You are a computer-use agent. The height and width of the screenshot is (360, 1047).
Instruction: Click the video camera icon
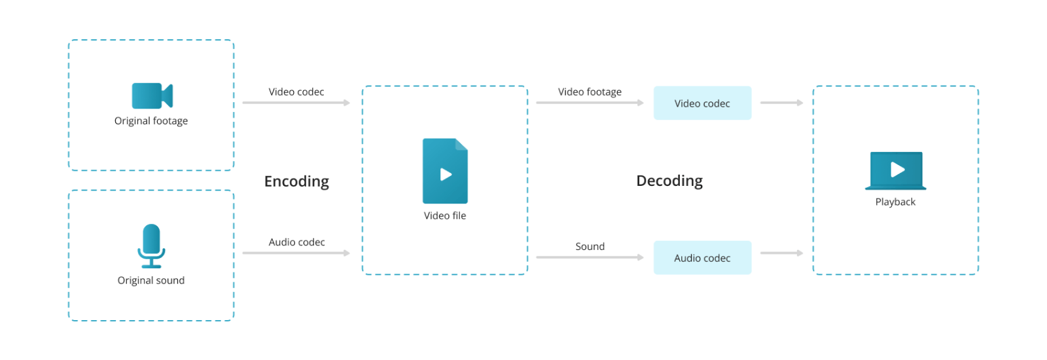[152, 96]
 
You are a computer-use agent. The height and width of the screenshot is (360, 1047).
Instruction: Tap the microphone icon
[151, 245]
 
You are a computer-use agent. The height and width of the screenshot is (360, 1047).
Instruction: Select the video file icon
[445, 171]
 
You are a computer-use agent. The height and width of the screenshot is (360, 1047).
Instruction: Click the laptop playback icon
[896, 170]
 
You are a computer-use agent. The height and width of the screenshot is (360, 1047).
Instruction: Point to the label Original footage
[151, 121]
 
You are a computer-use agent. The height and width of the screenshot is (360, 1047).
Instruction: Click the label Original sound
[151, 281]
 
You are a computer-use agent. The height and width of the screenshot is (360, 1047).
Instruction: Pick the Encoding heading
[296, 181]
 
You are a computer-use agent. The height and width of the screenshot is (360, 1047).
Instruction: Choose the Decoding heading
[669, 181]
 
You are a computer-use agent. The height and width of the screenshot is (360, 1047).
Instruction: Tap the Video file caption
[445, 216]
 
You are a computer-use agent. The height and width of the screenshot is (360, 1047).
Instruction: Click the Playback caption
[895, 202]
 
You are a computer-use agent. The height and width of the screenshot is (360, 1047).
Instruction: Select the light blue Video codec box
[702, 103]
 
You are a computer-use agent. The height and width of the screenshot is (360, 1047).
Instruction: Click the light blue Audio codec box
[702, 258]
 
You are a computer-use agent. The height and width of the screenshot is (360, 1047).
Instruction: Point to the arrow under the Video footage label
[590, 103]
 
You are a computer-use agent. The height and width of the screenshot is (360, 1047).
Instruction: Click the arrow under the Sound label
[590, 257]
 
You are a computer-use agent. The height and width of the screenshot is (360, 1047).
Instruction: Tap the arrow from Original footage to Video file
[296, 103]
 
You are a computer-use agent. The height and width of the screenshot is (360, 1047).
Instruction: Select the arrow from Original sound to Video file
[296, 253]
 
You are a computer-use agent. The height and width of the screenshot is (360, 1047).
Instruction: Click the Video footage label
[590, 92]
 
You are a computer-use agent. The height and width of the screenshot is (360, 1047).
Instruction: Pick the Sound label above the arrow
[590, 247]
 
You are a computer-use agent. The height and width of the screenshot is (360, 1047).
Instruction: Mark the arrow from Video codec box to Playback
[781, 103]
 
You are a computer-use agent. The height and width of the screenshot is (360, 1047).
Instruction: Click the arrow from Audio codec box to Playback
[781, 253]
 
